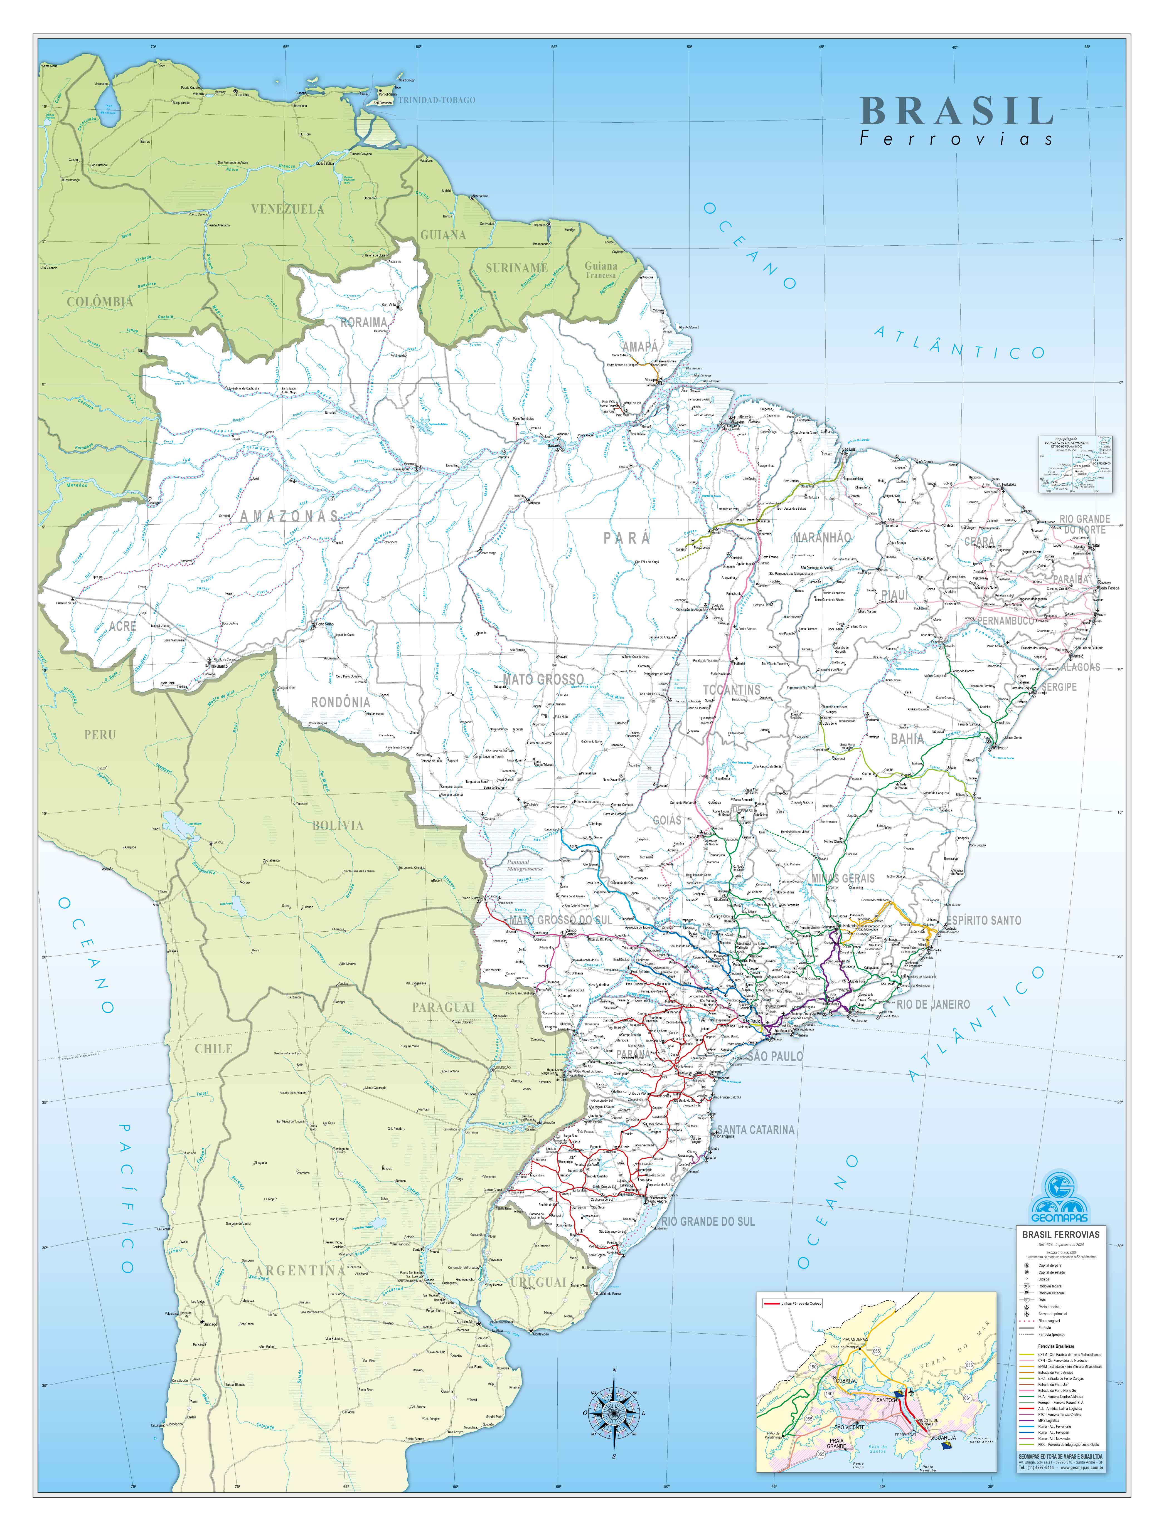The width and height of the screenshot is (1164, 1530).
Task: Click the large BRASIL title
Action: click(x=956, y=111)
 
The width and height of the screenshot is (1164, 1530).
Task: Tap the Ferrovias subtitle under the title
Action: click(x=956, y=139)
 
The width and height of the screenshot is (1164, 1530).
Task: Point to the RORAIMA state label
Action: click(x=364, y=322)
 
